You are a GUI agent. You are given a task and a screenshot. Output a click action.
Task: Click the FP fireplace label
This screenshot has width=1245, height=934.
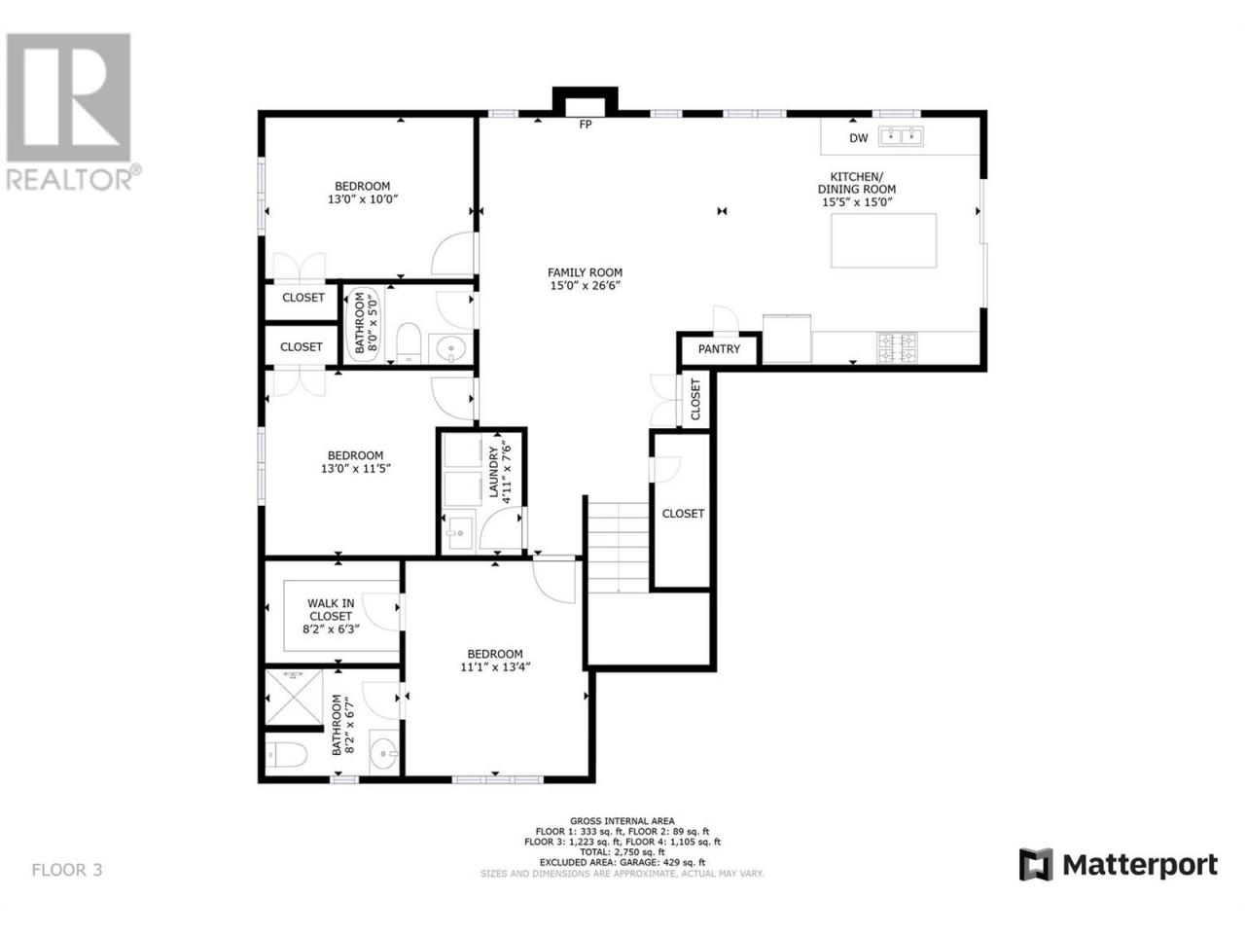(585, 125)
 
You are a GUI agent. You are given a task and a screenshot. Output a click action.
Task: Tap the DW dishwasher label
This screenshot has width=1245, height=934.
(858, 138)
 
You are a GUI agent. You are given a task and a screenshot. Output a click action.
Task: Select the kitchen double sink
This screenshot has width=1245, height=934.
(901, 136)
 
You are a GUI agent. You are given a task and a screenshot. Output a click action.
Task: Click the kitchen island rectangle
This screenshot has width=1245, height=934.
(883, 240)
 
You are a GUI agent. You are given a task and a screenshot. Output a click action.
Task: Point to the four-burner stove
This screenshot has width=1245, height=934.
(897, 347)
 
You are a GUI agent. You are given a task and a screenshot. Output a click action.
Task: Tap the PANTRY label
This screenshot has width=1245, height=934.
(719, 349)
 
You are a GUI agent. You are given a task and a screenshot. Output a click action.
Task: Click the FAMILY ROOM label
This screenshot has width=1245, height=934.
(585, 272)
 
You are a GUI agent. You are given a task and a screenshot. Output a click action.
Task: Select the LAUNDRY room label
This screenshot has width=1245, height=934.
(493, 472)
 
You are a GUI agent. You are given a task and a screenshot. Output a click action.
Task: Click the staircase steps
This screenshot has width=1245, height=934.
(617, 547)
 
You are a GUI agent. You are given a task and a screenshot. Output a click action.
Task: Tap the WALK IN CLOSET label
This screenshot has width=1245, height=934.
(331, 609)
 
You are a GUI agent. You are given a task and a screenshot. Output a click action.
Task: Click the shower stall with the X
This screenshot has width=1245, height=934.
(294, 697)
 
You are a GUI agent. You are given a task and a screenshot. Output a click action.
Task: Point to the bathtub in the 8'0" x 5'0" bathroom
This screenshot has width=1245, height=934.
(365, 324)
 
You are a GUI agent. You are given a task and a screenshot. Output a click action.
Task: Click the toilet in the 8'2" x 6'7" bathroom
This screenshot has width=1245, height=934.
(286, 755)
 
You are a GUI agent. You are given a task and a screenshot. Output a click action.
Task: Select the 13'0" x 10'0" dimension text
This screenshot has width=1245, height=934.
(363, 199)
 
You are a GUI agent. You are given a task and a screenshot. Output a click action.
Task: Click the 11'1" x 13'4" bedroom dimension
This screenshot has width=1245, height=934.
(495, 667)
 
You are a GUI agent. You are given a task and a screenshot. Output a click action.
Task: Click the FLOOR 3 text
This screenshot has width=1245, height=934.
(67, 870)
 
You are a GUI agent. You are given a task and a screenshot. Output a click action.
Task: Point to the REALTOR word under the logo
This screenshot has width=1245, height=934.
(69, 180)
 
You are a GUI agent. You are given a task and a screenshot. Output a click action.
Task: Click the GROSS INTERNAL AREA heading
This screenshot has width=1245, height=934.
(622, 820)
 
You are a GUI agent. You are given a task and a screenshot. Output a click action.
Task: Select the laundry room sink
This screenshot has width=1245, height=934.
(459, 531)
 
